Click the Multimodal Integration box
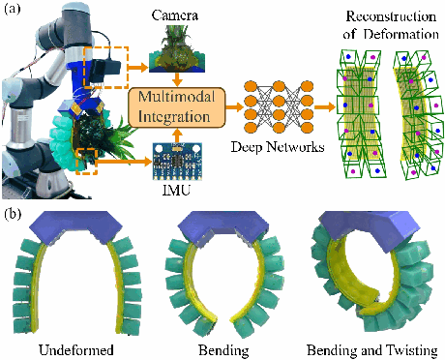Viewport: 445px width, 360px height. point(176,105)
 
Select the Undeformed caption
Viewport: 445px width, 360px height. point(73,347)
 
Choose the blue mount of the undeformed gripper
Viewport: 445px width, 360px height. point(74,228)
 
